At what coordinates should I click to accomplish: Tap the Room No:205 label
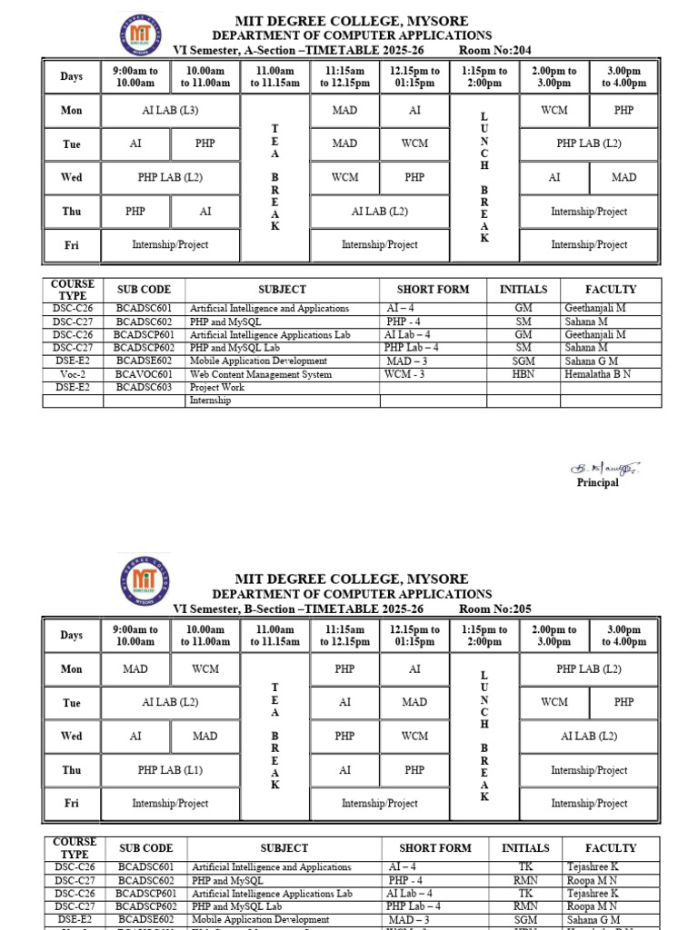(495, 608)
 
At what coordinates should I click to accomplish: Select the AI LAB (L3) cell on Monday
(170, 110)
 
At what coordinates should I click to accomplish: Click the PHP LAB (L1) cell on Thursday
(170, 770)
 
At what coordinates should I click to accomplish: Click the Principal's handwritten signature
(604, 468)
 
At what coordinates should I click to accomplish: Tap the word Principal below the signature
(597, 483)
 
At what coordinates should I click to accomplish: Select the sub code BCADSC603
(145, 387)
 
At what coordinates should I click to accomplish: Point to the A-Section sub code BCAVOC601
(145, 374)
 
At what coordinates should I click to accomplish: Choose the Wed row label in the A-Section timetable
(72, 177)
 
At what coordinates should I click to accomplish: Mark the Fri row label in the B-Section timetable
(72, 803)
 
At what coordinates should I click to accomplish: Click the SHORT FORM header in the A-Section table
(433, 290)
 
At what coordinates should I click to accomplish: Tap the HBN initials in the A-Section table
(523, 374)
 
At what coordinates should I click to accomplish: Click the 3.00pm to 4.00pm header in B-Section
(623, 635)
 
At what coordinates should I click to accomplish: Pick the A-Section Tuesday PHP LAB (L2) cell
(589, 143)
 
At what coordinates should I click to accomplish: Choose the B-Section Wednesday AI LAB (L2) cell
(589, 737)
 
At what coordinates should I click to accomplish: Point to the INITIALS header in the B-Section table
(525, 848)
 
